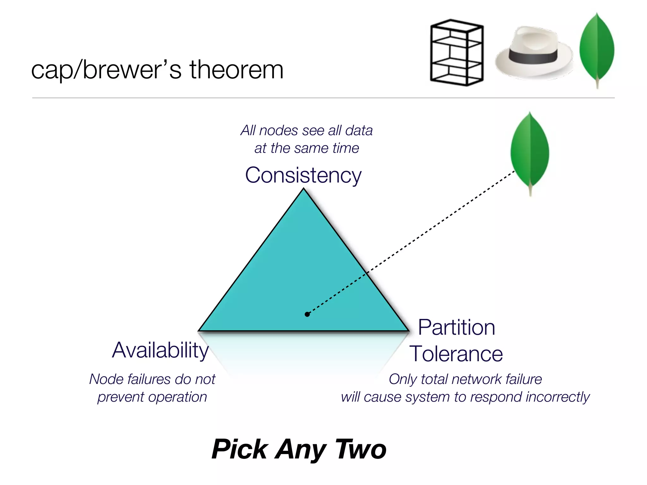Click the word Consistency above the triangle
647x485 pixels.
pos(303,175)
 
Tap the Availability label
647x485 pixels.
pos(160,350)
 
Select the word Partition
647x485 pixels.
pos(456,327)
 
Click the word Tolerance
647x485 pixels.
pos(456,354)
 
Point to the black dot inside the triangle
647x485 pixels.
pos(307,314)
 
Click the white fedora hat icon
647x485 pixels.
pos(534,52)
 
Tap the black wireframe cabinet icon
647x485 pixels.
pos(457,53)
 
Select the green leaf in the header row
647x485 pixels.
pos(597,47)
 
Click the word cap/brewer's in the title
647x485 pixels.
pos(106,70)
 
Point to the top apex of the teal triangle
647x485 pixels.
pos(304,189)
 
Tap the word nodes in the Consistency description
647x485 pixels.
pos(278,130)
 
